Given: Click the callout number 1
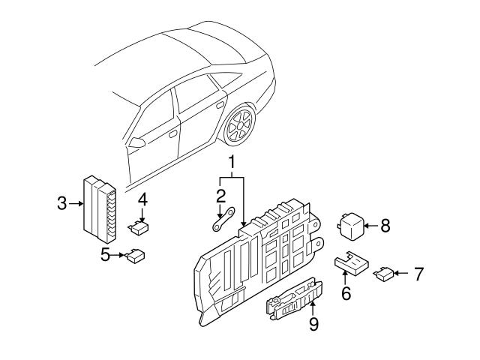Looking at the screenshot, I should [232, 162].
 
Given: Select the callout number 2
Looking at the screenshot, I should [220, 197].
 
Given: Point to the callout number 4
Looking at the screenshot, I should [142, 199].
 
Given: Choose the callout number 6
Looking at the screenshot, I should [346, 292].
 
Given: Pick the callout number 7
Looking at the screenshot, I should [418, 274].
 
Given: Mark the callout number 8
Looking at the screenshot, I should [385, 225].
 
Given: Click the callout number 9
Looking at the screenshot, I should [314, 323].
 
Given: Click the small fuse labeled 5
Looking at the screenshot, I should [136, 255].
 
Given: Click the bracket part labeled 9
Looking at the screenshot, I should [292, 301].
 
